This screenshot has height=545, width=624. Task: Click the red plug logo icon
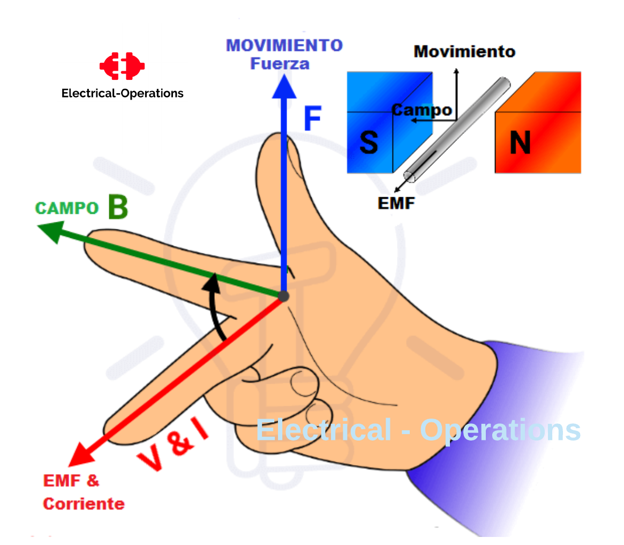[x=122, y=66]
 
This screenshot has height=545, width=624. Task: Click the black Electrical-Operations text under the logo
[x=122, y=93]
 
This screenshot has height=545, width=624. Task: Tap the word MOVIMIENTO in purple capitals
[x=284, y=46]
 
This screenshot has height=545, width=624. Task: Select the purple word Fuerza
[x=280, y=64]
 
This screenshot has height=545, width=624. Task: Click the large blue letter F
[x=313, y=118]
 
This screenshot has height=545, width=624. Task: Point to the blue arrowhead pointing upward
[x=284, y=87]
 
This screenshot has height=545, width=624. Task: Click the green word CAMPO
[x=67, y=208]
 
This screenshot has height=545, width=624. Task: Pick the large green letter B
[x=118, y=207]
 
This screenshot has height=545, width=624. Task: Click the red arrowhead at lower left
[x=81, y=454]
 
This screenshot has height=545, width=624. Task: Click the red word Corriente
[x=84, y=504]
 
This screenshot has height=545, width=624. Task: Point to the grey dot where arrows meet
[x=283, y=296]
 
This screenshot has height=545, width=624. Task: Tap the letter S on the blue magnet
[x=369, y=143]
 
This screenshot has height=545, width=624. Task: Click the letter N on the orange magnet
[x=520, y=143]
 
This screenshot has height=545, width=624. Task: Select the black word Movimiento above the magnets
[x=464, y=52]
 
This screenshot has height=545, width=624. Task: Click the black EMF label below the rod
[x=396, y=204]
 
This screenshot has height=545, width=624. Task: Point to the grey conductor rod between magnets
[x=457, y=130]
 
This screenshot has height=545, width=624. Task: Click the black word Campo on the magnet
[x=422, y=110]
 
